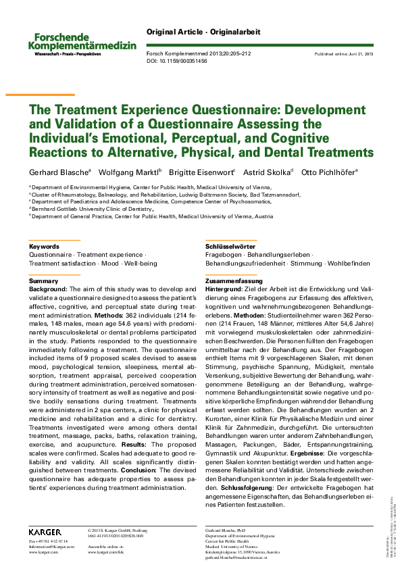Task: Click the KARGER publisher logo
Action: (45, 533)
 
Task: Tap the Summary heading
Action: (44, 280)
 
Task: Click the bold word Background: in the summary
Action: (47, 289)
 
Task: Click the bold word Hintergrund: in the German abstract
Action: (224, 289)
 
